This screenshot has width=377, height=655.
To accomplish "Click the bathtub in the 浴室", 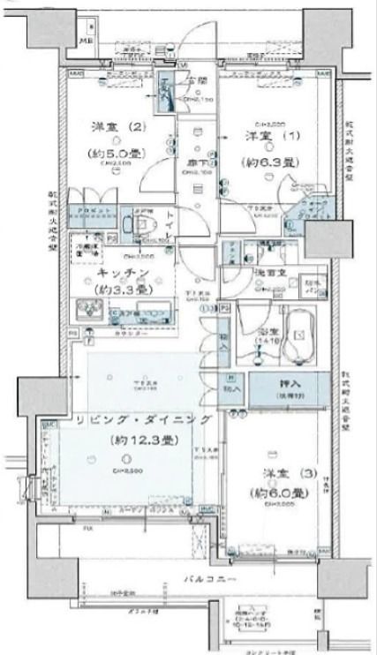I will [x=300, y=335].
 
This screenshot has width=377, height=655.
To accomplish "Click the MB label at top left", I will [x=87, y=41].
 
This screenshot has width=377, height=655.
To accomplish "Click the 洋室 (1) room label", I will [x=265, y=137].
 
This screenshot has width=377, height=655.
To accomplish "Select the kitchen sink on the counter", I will [x=91, y=311].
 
